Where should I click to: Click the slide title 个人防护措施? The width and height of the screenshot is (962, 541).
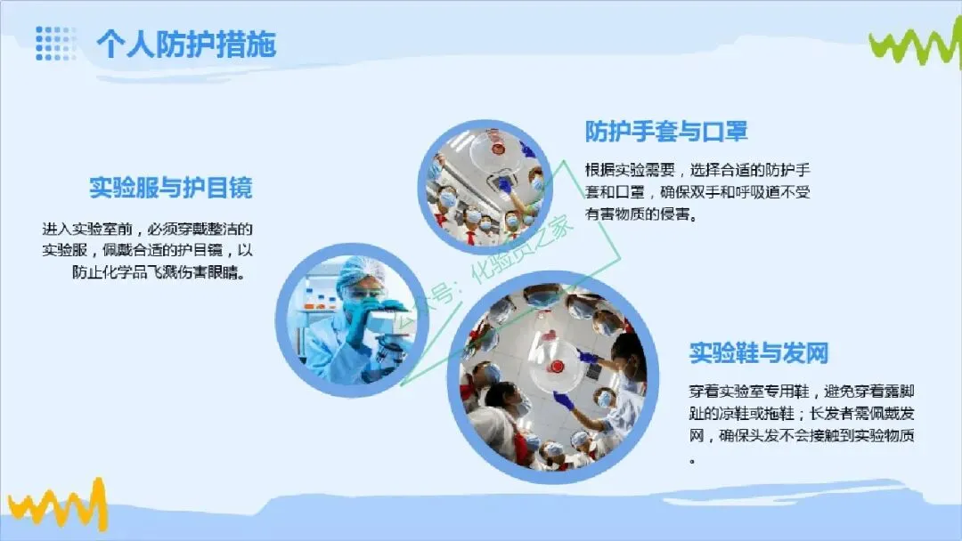186,44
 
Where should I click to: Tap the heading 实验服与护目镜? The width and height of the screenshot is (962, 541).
170,188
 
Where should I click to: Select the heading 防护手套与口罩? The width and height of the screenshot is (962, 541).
665,131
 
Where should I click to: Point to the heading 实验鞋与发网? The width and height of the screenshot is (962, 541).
758,353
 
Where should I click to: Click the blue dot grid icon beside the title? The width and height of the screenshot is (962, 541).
55,43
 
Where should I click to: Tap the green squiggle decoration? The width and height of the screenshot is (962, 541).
914,44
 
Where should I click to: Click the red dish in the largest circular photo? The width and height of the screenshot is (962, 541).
557,367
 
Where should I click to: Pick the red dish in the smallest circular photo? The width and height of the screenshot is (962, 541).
496,149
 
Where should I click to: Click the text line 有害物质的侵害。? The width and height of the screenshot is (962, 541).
641,214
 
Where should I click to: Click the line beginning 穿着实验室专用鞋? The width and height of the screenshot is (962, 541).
802,392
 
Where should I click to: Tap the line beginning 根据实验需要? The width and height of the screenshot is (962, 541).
697,170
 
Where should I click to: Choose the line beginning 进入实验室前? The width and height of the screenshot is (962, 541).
147,230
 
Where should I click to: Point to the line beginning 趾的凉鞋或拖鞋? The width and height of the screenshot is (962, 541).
802,414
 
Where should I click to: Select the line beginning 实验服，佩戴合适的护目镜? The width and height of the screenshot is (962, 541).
147,250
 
